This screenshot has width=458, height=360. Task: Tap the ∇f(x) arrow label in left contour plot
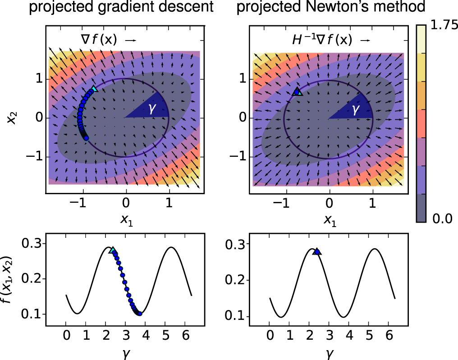click(99, 40)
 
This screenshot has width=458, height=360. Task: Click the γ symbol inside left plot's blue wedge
click(152, 109)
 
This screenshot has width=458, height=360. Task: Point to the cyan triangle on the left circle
click(93, 89)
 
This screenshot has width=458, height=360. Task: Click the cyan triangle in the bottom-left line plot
click(113, 251)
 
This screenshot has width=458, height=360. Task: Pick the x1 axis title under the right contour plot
click(330, 220)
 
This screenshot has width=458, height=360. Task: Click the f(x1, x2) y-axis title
click(8, 280)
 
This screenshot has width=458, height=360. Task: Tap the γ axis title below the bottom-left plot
click(126, 353)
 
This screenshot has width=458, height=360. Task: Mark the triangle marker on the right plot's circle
click(297, 91)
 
